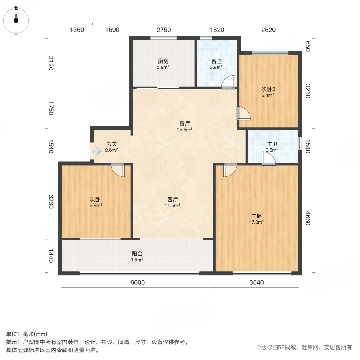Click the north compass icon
click(16, 20)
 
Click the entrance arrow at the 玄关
click(96, 151)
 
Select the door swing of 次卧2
click(243, 114)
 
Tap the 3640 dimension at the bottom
click(256, 282)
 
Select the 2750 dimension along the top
click(164, 30)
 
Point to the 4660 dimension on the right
click(308, 218)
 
